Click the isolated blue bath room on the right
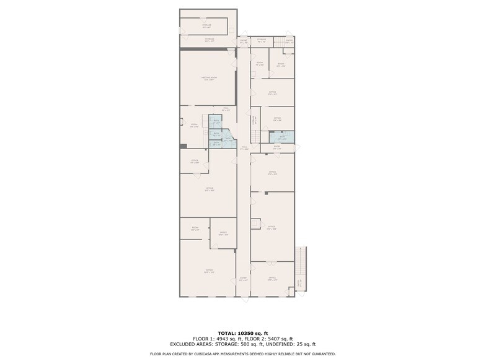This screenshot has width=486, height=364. [282, 137]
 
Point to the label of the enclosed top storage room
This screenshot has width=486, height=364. [206, 26]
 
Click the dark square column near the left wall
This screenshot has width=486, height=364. [183, 145]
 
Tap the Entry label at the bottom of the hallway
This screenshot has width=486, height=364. [243, 279]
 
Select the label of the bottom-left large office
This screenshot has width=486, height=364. [209, 271]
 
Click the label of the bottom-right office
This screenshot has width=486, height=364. [272, 279]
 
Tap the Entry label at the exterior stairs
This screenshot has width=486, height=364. [298, 284]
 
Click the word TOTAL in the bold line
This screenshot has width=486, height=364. [226, 334]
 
